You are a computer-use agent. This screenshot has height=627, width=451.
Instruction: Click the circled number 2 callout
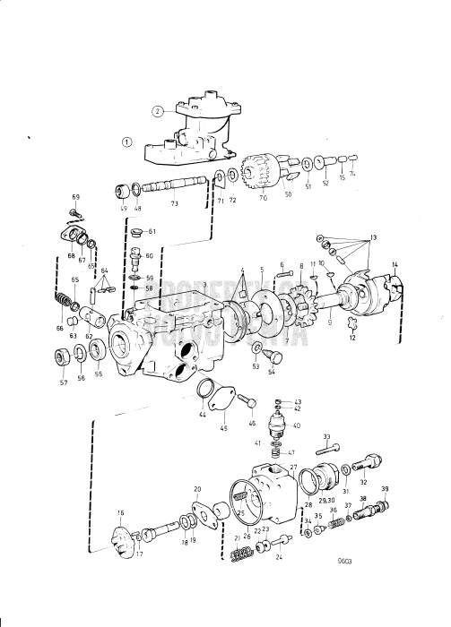157,112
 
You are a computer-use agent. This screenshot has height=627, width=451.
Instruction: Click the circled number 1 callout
127,142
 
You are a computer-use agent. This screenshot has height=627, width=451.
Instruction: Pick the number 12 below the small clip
353,338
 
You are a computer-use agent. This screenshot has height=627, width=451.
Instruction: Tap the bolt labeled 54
269,357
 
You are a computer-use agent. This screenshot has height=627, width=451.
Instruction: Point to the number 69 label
75,196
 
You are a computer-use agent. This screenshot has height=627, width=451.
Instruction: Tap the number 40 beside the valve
296,426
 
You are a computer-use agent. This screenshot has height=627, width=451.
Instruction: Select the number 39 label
385,488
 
